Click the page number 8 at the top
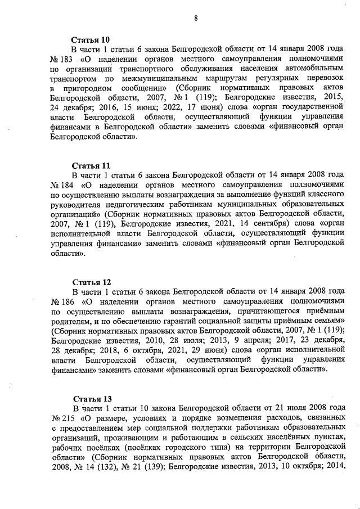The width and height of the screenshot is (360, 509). (x=196, y=17)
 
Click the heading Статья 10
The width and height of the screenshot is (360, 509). (x=91, y=39)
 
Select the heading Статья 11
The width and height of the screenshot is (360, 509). (x=91, y=165)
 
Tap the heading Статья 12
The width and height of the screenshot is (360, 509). (x=91, y=282)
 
